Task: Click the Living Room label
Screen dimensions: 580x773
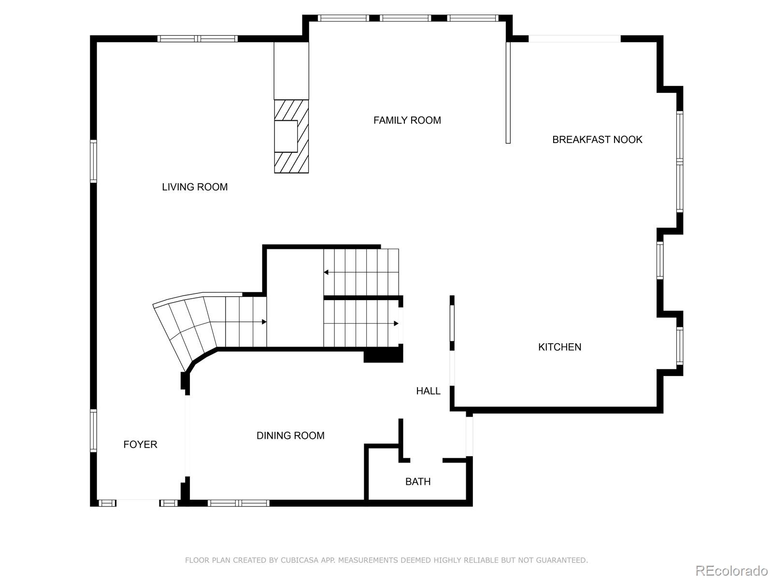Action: pos(195,187)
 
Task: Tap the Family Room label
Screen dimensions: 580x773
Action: pos(407,120)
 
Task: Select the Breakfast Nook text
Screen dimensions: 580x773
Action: pos(597,140)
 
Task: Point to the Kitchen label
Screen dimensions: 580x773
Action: pos(559,347)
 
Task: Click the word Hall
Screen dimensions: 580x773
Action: pos(428,391)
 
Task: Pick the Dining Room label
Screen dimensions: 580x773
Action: pos(290,435)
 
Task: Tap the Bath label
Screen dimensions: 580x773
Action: pos(417,481)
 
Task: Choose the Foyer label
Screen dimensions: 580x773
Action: pos(140,445)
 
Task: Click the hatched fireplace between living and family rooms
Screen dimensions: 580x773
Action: pos(291,136)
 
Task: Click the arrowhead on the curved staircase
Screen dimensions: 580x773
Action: pos(264,322)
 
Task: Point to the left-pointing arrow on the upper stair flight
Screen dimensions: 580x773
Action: pos(326,272)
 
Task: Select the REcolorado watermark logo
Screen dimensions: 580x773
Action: pos(731,570)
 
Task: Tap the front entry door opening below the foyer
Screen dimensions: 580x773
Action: pos(138,503)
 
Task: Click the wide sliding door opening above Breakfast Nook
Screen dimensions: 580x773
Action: pos(574,39)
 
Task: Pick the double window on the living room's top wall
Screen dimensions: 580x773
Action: pos(198,39)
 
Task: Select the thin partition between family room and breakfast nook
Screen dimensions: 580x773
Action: pos(508,92)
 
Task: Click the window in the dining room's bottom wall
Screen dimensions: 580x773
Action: pos(239,503)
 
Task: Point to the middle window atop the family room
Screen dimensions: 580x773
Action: pos(405,18)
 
